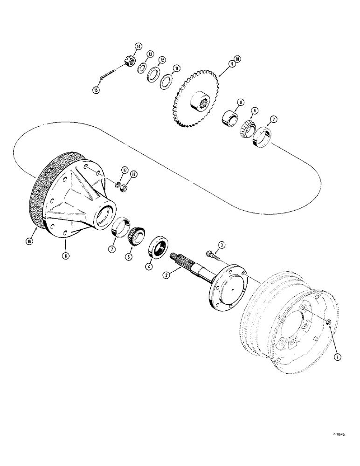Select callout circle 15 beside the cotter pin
coord(97,90)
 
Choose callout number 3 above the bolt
coord(222,245)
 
